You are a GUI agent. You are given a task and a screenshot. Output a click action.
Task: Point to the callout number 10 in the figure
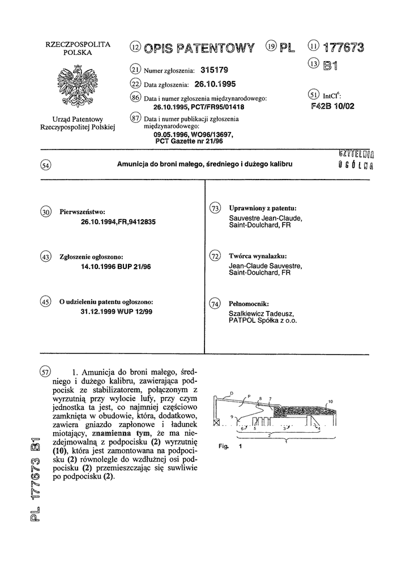tap(331, 401)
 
